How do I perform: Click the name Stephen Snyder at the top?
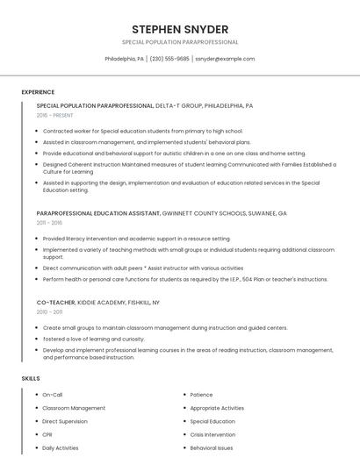tap(180, 29)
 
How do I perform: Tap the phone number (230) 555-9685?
tap(169, 59)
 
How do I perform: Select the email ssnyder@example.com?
tap(225, 59)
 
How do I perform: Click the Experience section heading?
tap(38, 92)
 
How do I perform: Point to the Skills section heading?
tap(31, 378)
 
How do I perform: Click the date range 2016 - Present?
tap(55, 115)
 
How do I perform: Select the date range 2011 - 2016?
tap(49, 223)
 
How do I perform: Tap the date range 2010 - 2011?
tap(49, 311)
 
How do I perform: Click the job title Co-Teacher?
tap(55, 302)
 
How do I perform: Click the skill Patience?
tap(201, 395)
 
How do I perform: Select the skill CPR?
tap(47, 434)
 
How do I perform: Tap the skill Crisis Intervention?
tap(212, 434)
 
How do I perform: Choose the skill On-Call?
tap(53, 395)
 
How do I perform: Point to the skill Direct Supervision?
tap(65, 421)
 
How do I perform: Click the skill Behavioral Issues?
tap(212, 447)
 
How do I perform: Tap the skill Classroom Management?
tap(74, 408)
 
